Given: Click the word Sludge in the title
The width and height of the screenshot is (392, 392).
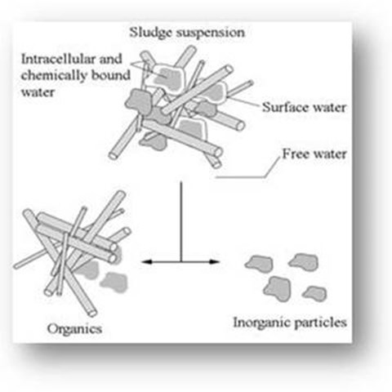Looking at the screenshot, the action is (x=150, y=33).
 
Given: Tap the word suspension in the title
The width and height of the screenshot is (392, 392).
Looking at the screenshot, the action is (x=211, y=33).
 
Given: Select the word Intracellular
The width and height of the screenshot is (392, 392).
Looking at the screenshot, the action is (x=58, y=59).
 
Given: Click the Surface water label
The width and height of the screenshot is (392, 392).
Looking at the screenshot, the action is (x=304, y=107).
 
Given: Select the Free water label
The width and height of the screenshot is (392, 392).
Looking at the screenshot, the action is (x=314, y=154).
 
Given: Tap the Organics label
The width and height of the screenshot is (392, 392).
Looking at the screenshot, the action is (x=74, y=329).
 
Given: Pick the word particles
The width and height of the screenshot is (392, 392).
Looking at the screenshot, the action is (x=321, y=323).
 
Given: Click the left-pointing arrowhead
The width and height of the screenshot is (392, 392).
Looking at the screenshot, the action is (x=146, y=262).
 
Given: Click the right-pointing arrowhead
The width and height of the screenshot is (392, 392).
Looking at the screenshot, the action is (x=215, y=262).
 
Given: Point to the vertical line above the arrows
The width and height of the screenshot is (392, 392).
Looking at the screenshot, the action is (x=180, y=222).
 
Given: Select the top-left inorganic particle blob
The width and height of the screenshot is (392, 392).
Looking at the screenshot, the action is (x=260, y=263).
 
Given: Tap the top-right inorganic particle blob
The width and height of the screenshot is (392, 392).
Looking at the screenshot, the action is (x=304, y=262).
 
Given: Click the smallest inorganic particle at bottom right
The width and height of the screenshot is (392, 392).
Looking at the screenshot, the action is (x=315, y=293).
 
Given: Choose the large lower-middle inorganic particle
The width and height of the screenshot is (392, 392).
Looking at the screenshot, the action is (x=277, y=288).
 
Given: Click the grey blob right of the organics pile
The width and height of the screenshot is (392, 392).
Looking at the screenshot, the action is (x=114, y=283).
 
